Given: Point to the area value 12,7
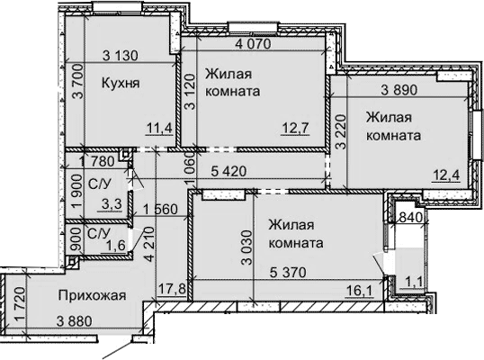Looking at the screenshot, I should [x=309, y=129].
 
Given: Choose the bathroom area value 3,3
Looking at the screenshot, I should [x=112, y=204].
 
